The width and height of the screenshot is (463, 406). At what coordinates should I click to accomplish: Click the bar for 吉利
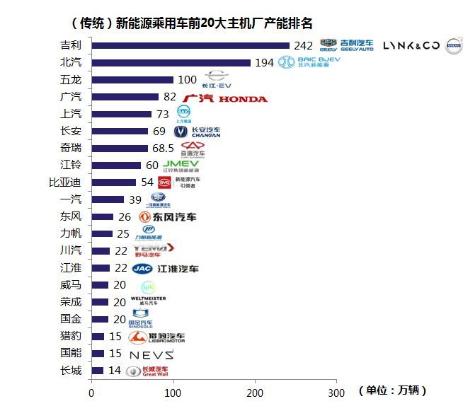190,46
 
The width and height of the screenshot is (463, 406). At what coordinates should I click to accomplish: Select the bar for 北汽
171,63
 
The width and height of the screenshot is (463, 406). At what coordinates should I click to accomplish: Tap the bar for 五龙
132,80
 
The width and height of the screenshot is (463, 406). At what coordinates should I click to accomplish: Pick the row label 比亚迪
70,182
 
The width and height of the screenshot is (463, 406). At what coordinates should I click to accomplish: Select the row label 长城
71,370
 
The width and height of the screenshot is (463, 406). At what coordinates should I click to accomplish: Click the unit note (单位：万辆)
393,391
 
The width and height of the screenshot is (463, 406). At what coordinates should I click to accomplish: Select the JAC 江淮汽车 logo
165,269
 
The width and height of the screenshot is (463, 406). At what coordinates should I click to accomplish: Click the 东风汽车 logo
168,217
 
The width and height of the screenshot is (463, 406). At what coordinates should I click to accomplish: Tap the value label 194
264,63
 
